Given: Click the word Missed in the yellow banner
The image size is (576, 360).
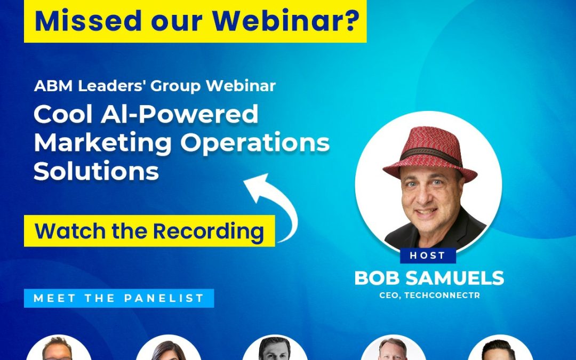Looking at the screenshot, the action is tap(88, 21).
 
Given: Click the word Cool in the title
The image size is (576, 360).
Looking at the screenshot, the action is tap(63, 114).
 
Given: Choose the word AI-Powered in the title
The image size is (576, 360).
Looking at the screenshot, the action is tap(180, 114).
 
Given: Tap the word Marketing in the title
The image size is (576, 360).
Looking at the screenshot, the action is tap(103, 143).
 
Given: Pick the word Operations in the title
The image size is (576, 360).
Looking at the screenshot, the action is tap(255, 143).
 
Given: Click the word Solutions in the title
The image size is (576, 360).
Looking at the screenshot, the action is tap(96, 171).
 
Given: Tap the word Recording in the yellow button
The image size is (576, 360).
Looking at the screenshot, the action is tap(209, 232).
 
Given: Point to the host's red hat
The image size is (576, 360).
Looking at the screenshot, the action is tap(430, 153).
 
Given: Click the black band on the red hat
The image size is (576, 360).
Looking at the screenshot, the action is tap(430, 155).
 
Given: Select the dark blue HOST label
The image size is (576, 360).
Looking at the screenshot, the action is tap(428, 255).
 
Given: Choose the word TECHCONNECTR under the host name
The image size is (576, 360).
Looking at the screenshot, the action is tap(442, 295).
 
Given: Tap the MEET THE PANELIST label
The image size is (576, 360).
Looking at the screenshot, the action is tap(119, 298).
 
